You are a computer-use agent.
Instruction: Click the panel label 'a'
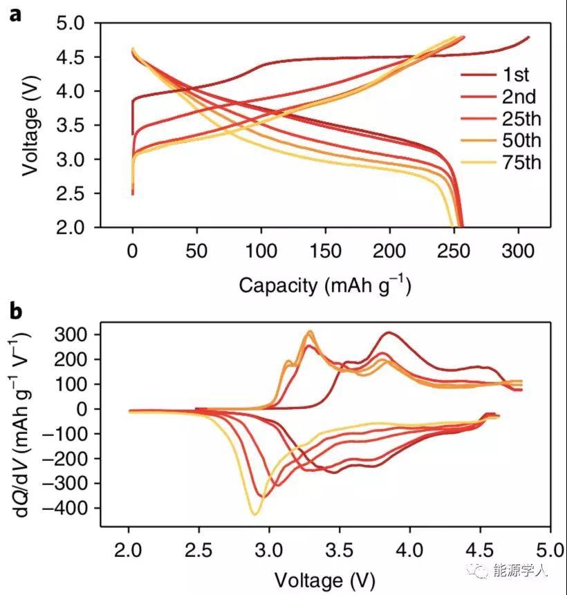(15, 15)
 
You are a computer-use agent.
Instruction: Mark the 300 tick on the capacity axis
(519, 251)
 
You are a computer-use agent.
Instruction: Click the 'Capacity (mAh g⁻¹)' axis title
(325, 285)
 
